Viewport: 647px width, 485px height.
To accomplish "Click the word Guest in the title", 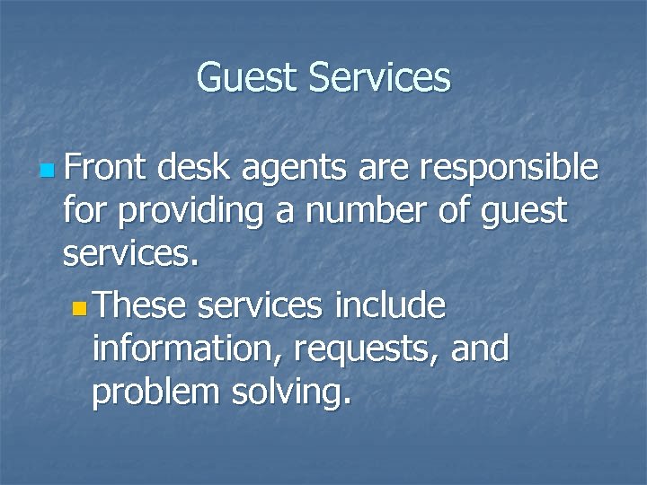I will point(247,77).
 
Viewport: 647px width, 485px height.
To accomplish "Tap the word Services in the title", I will point(378,77).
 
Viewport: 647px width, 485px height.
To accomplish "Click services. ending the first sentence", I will point(129,256).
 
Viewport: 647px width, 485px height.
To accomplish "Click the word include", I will point(389,306).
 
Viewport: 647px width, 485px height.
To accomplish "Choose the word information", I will point(180,349).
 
